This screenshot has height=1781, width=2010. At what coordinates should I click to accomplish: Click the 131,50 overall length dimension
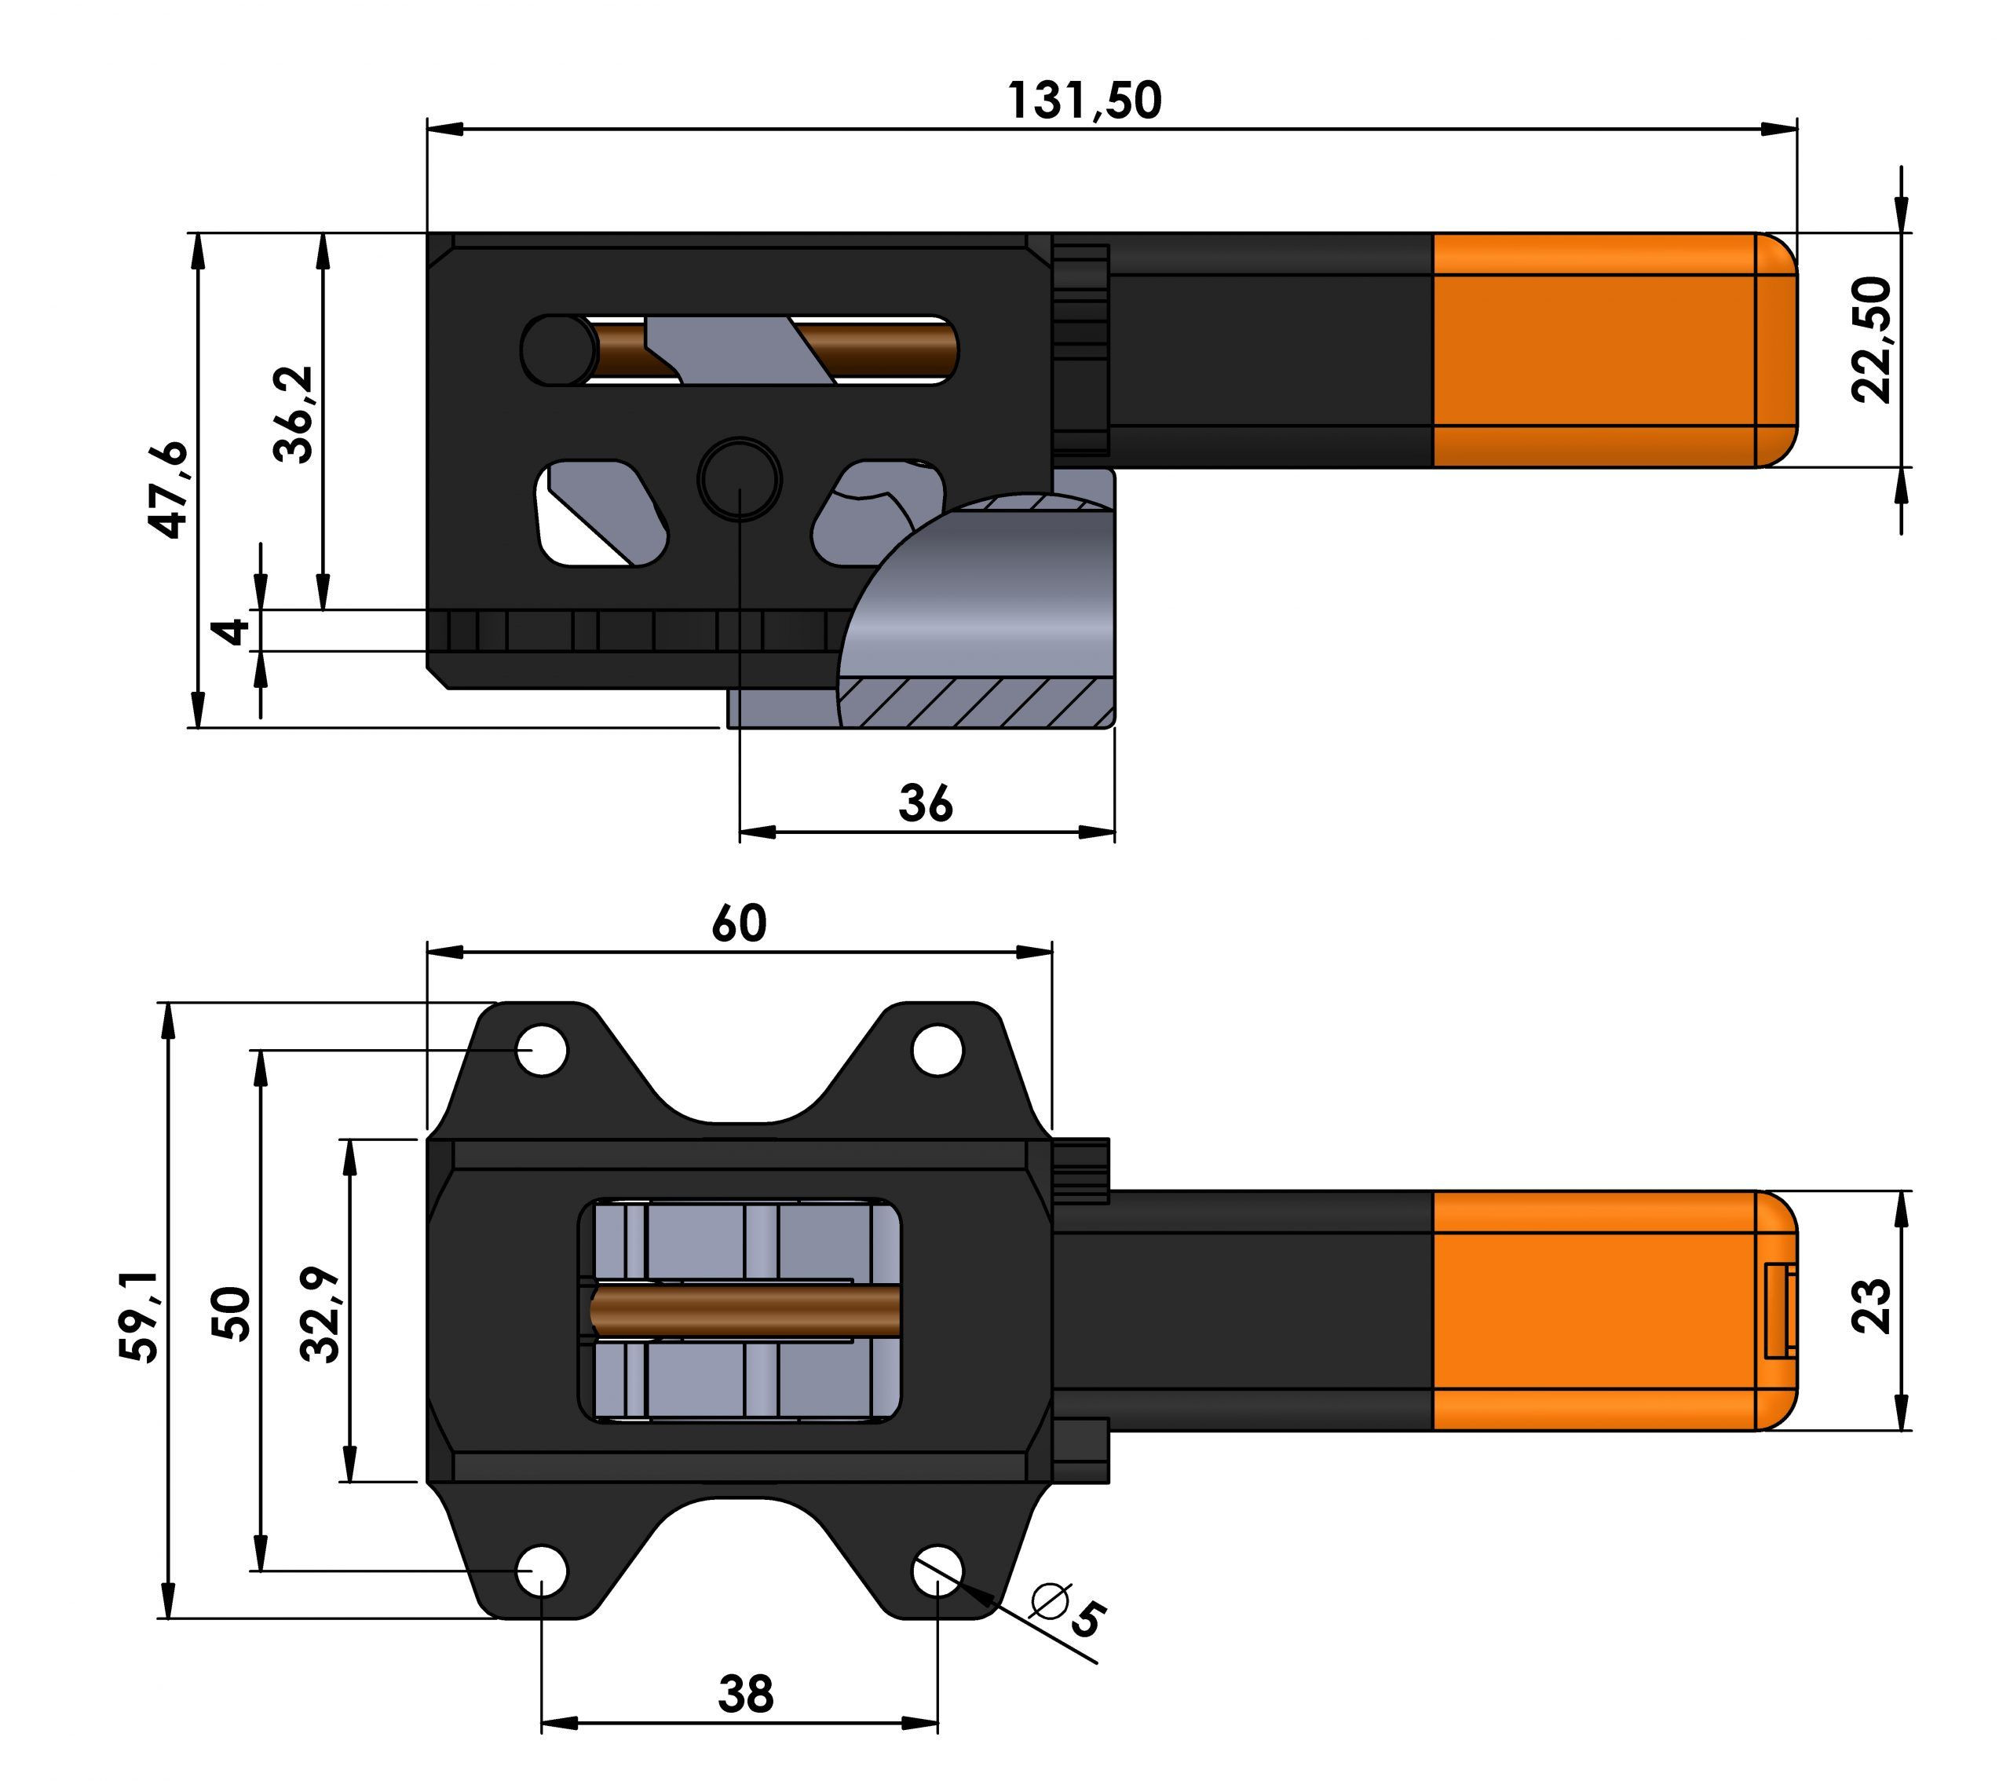coord(1084,101)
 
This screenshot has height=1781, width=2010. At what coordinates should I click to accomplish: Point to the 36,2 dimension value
coord(293,414)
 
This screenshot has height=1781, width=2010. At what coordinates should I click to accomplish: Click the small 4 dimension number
coord(232,631)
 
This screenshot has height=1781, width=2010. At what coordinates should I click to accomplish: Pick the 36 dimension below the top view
coord(926,804)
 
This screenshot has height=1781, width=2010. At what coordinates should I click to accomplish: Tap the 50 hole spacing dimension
coord(232,1313)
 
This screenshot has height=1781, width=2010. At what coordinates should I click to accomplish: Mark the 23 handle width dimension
coord(1870,1306)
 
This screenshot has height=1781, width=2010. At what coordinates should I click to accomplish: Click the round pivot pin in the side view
coord(740,479)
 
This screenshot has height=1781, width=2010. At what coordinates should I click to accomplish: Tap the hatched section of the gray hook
coord(974,701)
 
